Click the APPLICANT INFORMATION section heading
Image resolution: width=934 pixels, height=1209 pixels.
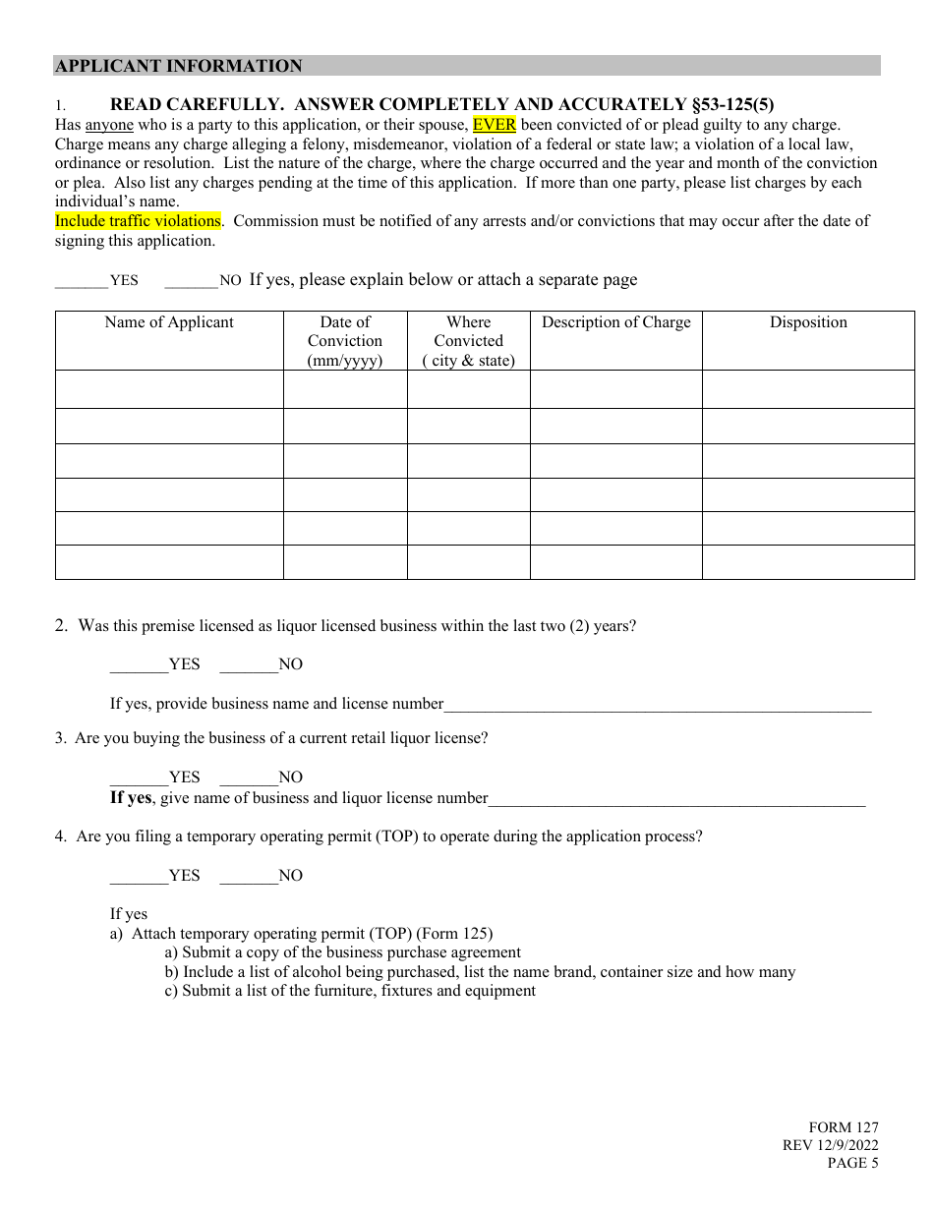coord(179,66)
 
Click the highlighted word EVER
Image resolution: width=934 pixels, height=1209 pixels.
coord(495,125)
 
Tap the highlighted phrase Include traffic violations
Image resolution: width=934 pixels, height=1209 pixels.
coord(138,221)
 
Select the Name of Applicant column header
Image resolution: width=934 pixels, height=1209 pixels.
coord(169,322)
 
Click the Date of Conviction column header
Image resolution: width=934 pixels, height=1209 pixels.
coord(345,340)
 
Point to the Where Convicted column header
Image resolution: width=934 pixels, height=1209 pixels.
coord(468,340)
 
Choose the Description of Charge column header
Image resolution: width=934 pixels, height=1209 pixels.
coord(616,322)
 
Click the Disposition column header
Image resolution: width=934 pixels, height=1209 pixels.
coord(808,322)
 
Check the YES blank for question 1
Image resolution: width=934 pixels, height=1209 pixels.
coord(82,281)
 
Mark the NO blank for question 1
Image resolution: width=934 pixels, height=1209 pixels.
coord(191,281)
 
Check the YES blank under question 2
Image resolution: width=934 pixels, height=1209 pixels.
coord(139,665)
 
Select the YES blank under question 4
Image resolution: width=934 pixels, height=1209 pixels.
coord(139,877)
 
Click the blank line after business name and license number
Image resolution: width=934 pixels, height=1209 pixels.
coord(657,705)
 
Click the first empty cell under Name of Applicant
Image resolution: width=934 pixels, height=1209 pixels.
coord(169,389)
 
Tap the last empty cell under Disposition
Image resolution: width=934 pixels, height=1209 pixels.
coord(808,562)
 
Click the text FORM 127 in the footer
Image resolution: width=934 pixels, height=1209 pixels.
coord(844,1128)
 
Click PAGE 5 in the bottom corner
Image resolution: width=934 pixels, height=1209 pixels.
coord(852,1164)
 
